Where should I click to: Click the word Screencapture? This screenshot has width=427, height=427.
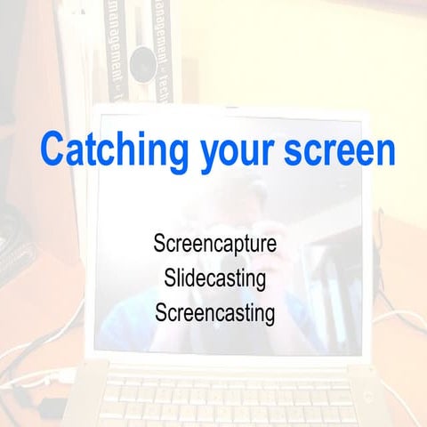[214, 244]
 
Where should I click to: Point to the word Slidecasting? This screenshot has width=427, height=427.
[214, 278]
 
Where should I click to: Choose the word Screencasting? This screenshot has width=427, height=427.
[214, 313]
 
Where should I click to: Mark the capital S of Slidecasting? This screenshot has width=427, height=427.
[170, 278]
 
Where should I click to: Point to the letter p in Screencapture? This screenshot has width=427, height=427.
[238, 246]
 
